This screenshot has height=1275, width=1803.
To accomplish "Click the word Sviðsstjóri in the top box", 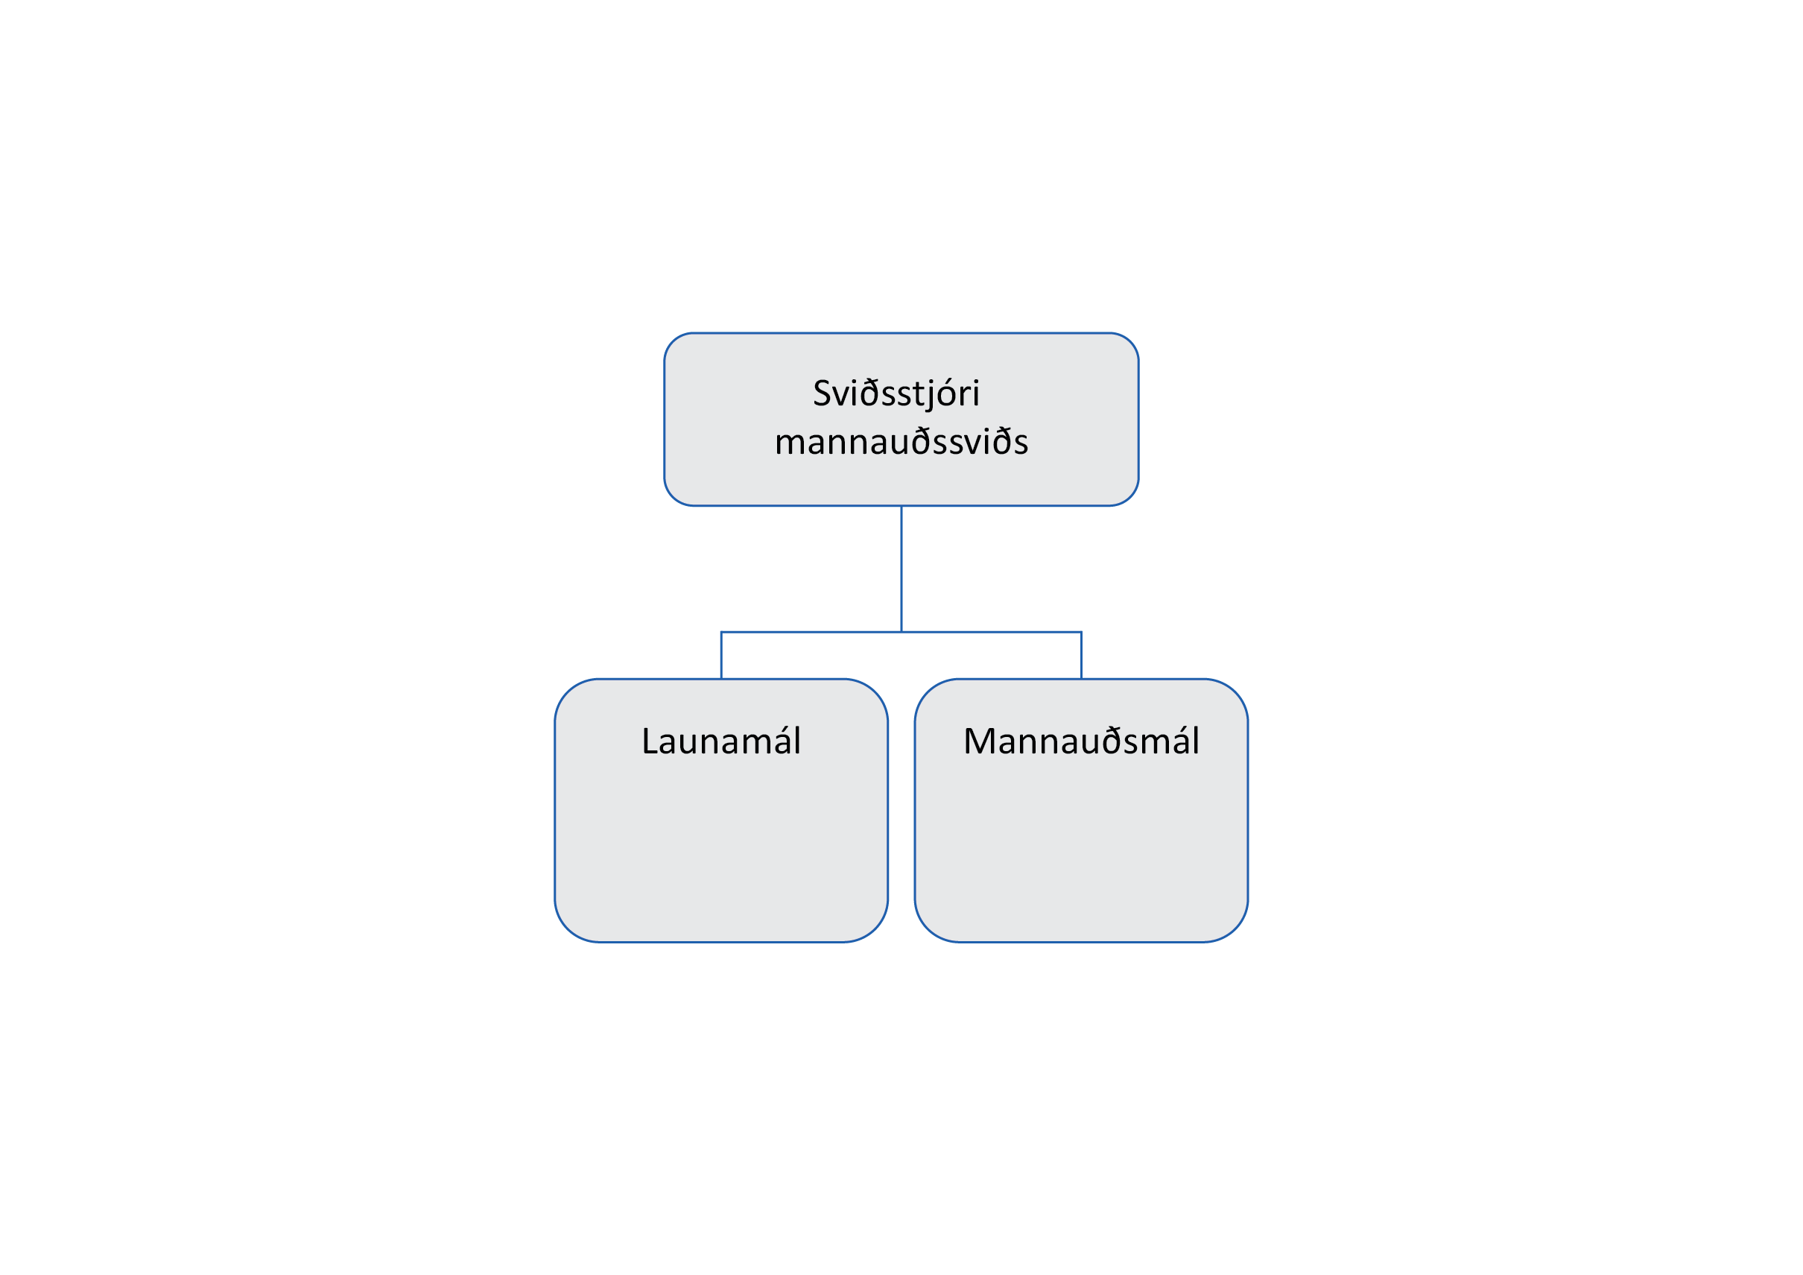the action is click(896, 393).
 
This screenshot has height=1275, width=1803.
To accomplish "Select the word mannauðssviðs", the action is click(901, 441).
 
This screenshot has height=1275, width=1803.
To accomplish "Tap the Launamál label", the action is click(721, 741).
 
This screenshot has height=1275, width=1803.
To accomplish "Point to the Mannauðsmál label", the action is click(1081, 741).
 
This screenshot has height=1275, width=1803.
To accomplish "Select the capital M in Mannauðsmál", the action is click(979, 741).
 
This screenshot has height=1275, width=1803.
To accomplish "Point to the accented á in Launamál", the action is click(782, 741).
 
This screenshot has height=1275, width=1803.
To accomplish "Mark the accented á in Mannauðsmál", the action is click(1180, 741).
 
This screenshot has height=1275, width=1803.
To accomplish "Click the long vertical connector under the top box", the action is click(901, 569).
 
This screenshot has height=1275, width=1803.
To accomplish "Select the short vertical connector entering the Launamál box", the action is click(722, 655).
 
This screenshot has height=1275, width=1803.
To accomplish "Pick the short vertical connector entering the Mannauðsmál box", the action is click(1081, 655).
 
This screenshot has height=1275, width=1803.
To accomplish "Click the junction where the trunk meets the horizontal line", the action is click(901, 632).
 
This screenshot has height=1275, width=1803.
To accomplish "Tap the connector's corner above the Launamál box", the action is click(722, 632).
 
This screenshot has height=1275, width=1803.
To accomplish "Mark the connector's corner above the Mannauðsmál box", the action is click(1081, 632).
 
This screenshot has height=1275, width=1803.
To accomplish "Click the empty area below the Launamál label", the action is click(721, 849).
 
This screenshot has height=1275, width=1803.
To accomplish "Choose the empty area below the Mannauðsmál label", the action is click(1081, 849).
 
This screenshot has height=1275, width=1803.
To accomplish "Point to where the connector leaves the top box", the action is click(901, 506).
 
